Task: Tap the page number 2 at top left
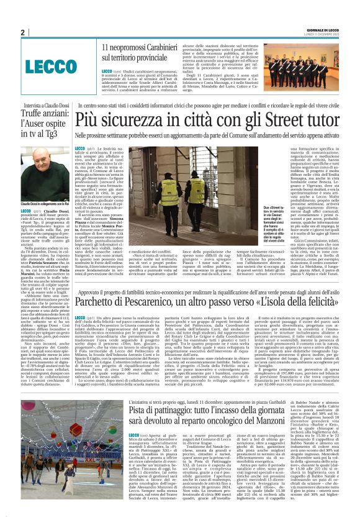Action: (x=22, y=33)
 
